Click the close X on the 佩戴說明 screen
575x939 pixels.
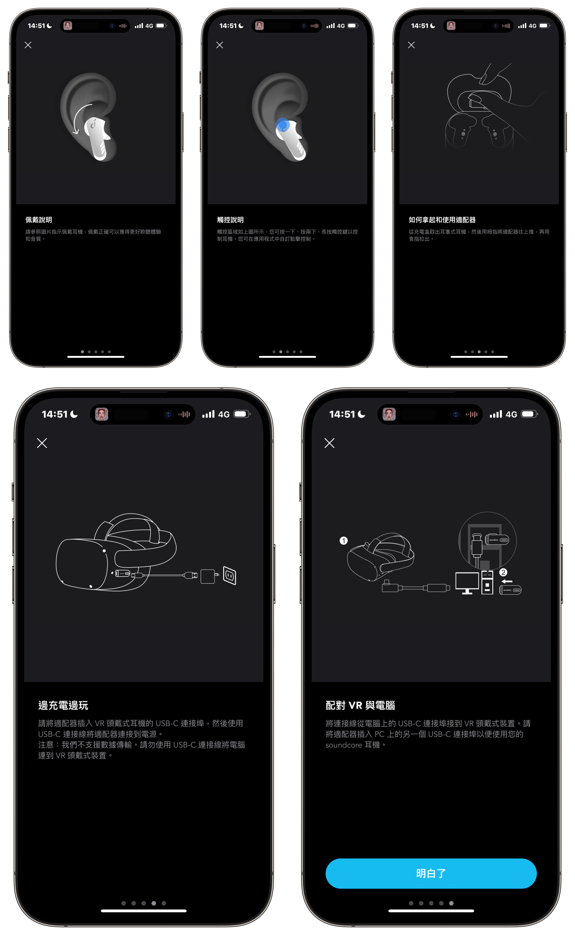point(28,45)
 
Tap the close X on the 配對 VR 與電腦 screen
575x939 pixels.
point(329,443)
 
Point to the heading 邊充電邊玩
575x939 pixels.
point(63,705)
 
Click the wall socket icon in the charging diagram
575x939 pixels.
point(230,575)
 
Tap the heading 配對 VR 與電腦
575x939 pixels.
point(360,705)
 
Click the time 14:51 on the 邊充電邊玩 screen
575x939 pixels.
point(54,414)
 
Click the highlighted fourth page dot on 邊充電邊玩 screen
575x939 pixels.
point(153,903)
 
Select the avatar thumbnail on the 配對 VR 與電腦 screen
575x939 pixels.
point(389,414)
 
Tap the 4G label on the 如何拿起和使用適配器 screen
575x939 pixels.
point(532,26)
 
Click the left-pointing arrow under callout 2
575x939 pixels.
point(507,581)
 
